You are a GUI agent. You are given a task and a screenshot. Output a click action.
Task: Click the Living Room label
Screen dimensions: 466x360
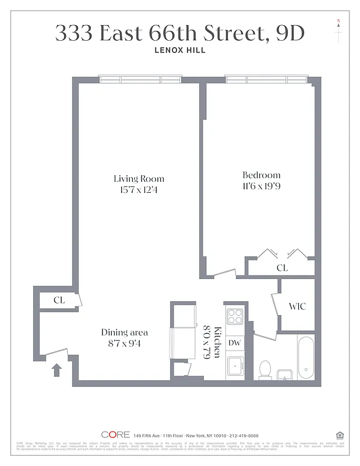(139, 179)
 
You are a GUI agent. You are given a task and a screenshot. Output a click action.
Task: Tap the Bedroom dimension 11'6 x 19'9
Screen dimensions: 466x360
(262, 186)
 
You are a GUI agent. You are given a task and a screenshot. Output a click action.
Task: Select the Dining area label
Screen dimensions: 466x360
(125, 333)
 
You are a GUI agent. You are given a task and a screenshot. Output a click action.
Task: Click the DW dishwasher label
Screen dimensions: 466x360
(234, 343)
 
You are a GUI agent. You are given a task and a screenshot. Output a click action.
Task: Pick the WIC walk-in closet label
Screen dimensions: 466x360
(297, 306)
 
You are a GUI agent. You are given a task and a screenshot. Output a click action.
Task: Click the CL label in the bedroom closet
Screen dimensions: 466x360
(282, 268)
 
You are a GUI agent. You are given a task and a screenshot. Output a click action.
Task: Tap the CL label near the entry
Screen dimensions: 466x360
(59, 300)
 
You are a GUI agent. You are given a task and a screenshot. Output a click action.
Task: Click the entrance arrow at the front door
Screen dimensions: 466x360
(57, 370)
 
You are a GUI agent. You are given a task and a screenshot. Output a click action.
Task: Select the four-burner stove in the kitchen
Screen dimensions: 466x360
(234, 316)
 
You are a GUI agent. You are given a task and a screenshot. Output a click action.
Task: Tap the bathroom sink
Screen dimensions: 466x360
(285, 373)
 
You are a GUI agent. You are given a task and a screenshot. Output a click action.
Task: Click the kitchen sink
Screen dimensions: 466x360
(235, 367)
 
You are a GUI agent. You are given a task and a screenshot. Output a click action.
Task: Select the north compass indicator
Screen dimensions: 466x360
(338, 30)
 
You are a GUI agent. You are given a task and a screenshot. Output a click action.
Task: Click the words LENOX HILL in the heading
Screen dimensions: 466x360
(179, 50)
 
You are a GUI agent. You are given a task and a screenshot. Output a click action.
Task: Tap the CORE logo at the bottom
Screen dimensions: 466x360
(115, 435)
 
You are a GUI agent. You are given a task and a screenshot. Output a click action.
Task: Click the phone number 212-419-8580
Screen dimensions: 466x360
(241, 435)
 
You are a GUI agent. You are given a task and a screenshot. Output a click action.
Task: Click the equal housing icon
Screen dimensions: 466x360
(340, 435)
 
